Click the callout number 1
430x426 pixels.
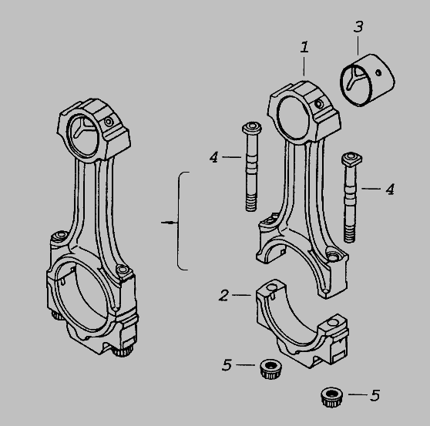point(304,47)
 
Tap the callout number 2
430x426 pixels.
point(223,295)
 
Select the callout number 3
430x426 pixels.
point(358,27)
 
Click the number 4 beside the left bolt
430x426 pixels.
point(214,157)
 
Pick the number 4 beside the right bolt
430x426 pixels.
point(390,189)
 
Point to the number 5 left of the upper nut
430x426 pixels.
point(227,365)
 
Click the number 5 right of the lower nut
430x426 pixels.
point(375,395)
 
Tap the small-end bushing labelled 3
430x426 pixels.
point(368,80)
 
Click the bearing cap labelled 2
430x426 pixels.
point(302,324)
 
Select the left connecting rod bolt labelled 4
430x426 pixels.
point(251,166)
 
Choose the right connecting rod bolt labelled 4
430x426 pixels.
point(351,197)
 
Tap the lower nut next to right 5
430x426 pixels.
point(331,397)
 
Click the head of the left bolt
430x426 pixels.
point(252,129)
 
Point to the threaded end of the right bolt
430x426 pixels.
point(350,234)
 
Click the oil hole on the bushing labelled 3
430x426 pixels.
point(378,72)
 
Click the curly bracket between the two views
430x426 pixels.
point(179,221)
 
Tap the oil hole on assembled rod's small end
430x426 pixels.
point(109,122)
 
